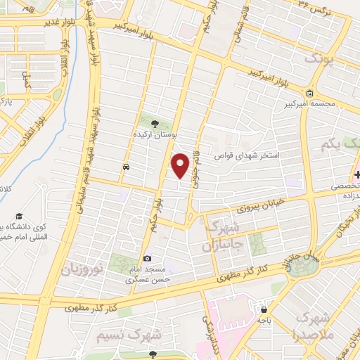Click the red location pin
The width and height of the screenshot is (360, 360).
(181, 165)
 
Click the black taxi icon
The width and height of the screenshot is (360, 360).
(125, 167)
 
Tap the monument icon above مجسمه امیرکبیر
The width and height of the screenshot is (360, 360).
(310, 94)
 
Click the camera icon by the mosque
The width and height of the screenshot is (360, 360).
(146, 258)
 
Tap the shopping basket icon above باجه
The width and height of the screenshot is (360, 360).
(264, 309)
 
